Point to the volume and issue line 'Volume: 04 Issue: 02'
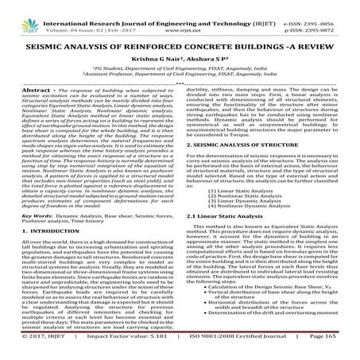click(57, 14)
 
